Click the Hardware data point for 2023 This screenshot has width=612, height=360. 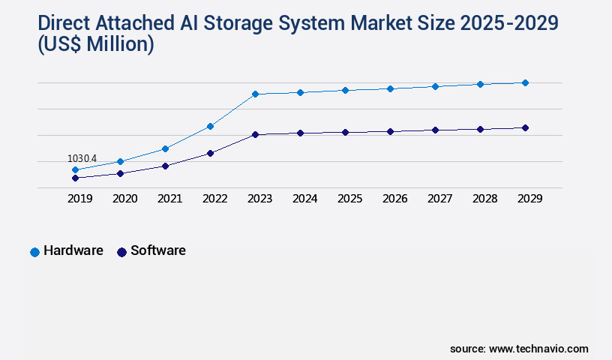[x=255, y=94]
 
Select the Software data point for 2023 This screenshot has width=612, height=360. [x=255, y=134]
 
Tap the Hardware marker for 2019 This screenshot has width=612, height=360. [x=75, y=170]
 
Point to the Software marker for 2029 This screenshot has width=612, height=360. [x=525, y=127]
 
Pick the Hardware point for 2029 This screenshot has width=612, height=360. [x=525, y=82]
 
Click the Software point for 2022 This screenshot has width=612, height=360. [x=210, y=153]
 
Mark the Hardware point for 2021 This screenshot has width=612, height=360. [x=165, y=148]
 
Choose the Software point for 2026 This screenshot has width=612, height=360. [x=390, y=131]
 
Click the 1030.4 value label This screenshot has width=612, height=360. [x=82, y=158]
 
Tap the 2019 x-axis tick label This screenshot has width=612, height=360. [x=80, y=199]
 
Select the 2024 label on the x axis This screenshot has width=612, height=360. [x=304, y=199]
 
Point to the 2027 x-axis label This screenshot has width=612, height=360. [x=439, y=199]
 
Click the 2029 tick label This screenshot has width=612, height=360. [x=529, y=199]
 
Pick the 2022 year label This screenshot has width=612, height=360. [x=214, y=199]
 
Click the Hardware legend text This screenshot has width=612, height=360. [x=73, y=250]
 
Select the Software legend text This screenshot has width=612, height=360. [x=158, y=250]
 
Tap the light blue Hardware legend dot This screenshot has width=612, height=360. [x=34, y=252]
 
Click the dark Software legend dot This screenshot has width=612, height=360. [x=121, y=252]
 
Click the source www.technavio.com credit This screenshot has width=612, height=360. [x=519, y=349]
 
